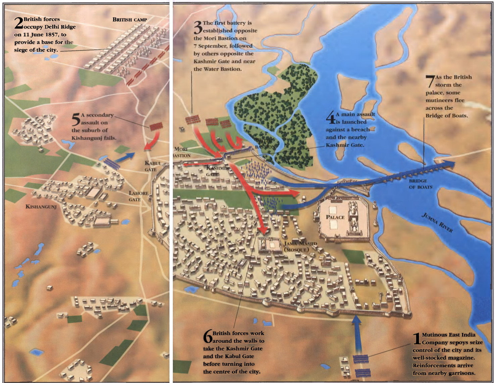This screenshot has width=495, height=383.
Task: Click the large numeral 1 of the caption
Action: point(416,339)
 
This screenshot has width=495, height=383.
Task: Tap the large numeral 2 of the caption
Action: point(18,23)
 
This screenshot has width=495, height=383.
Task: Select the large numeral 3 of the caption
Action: point(198,27)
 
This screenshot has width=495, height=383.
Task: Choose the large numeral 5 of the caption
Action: point(76,119)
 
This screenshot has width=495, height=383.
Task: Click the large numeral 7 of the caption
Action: point(430,81)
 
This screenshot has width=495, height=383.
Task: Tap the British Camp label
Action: point(130,19)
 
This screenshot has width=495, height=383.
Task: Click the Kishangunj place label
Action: point(41,206)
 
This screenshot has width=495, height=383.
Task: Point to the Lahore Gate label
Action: point(138,196)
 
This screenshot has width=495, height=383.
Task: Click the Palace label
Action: point(335,217)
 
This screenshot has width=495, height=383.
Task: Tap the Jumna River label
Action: point(437,223)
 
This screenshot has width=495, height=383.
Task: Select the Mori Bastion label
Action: point(181,152)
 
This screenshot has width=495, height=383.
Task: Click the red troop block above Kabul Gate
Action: point(156,126)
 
